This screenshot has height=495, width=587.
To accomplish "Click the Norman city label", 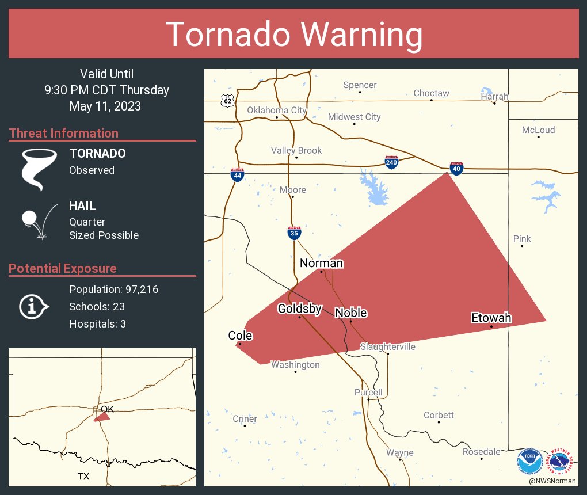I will tap(321, 264).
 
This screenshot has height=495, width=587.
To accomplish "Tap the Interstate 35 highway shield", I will tap(294, 233).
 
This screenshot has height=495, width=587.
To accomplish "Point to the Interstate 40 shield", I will tap(456, 168).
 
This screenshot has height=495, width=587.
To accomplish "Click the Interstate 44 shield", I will tap(237, 174).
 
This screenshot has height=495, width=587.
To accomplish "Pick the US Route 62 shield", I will tap(228, 101).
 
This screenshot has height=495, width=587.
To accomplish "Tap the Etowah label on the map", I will tap(491, 318).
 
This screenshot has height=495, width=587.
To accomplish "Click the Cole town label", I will tap(240, 336).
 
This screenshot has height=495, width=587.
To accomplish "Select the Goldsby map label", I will tap(299, 309).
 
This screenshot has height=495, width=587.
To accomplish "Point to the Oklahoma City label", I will tap(277, 111).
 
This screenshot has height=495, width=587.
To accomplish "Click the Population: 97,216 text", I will tap(113, 289).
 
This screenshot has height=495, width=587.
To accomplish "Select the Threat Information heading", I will tap(64, 134).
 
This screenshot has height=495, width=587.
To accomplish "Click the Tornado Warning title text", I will tap(293, 35).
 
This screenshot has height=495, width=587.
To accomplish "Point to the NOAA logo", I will tap(529, 460).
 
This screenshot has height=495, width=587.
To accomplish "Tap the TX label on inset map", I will tap(84, 477).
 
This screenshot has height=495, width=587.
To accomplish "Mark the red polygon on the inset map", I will tap(102, 417).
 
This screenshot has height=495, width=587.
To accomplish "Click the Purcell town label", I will tap(368, 393).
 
